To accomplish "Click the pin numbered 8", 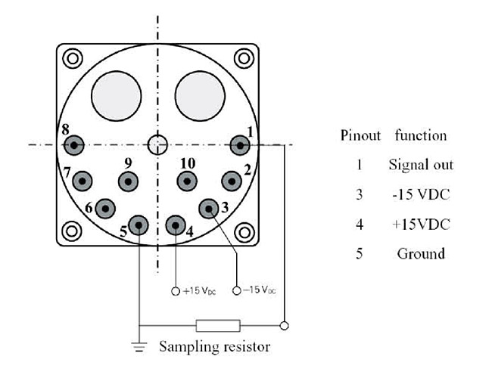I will tap(73, 144).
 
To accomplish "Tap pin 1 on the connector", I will tap(241, 144).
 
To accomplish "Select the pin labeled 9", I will tap(129, 181).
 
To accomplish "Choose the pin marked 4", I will tap(176, 225).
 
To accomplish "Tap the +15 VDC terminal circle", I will tap(176, 291).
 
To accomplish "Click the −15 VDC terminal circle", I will tap(237, 291).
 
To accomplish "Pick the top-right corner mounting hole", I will tap(243, 57).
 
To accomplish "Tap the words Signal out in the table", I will tap(421, 164).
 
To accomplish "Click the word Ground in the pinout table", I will tap(421, 253).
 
